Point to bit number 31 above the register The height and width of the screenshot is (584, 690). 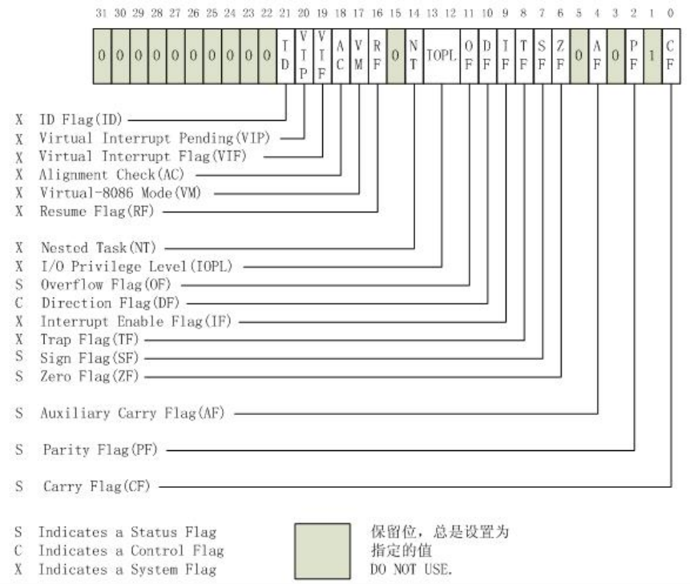(102, 14)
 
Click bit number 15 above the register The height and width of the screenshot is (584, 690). (395, 14)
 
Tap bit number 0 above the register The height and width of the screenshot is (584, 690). (671, 14)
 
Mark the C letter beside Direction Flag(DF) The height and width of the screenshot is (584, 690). (18, 303)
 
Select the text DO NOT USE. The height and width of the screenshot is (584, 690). (398, 570)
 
